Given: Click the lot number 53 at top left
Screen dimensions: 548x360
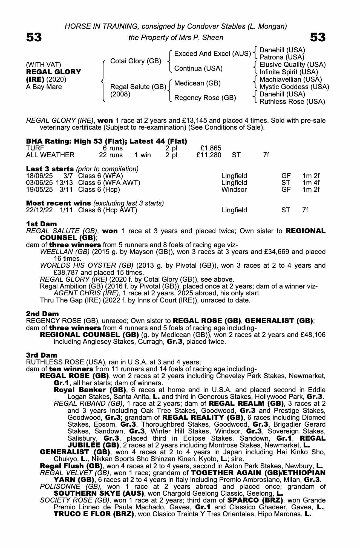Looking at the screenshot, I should (34, 37).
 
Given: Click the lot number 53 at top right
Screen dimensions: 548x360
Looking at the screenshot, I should (318, 37).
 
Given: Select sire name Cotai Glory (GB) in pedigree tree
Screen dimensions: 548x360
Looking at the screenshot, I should (136, 61).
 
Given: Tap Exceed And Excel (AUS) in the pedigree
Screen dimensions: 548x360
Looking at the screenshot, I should (212, 53).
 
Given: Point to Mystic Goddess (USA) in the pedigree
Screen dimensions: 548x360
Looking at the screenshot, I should (294, 87).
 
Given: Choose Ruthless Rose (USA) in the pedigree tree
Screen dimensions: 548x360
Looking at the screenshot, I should (292, 102).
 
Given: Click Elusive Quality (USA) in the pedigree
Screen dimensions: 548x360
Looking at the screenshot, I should (292, 65).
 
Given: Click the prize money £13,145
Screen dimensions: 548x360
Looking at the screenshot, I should (195, 120).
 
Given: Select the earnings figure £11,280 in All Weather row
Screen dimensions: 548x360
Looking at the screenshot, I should (209, 155).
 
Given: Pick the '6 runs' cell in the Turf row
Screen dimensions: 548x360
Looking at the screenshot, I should (111, 148).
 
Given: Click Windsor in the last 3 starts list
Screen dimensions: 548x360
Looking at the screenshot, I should (234, 190).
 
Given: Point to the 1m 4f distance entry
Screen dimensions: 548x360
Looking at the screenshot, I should (311, 182).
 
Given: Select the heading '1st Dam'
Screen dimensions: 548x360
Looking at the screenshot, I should (41, 224).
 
